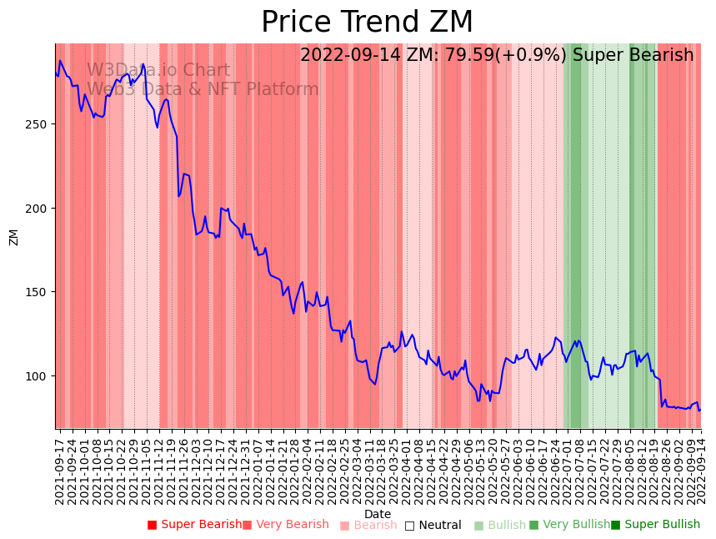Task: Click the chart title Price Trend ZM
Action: point(367,23)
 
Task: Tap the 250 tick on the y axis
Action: point(40,124)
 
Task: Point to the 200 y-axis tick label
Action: point(40,209)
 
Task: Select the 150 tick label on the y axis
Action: point(40,292)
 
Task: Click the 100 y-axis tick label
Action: point(40,376)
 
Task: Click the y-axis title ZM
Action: point(14,237)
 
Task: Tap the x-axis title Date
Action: point(378,515)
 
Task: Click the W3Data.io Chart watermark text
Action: point(158,71)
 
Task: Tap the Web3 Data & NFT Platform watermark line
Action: point(203,90)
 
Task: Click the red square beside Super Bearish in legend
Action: point(153,525)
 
